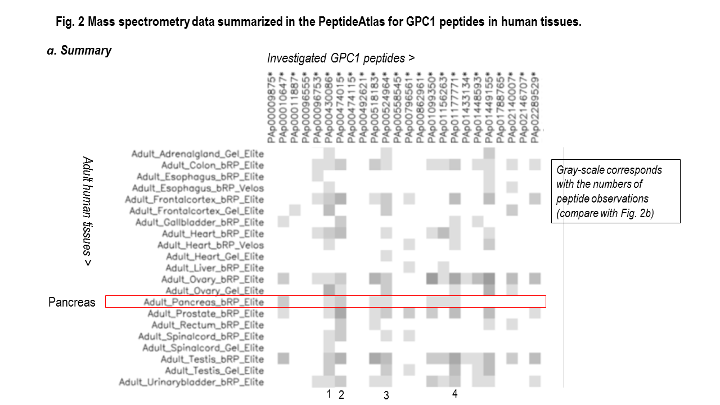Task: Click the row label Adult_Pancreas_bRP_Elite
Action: (x=203, y=302)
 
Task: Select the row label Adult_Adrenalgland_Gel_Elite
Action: (x=197, y=154)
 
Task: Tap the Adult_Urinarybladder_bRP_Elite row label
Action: (x=191, y=382)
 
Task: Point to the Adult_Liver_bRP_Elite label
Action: (x=214, y=268)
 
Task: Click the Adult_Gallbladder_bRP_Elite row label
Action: (x=199, y=222)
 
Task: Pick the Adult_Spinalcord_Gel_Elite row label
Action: (x=202, y=348)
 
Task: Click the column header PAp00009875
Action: (x=272, y=107)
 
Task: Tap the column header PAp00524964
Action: (x=385, y=107)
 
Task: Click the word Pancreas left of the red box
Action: (x=72, y=303)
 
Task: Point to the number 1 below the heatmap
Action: (x=329, y=394)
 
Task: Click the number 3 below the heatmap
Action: (x=386, y=395)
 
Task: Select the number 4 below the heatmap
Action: (x=454, y=394)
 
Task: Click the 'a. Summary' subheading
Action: (x=79, y=51)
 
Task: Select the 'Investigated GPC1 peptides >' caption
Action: (x=341, y=58)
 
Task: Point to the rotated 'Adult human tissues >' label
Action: (x=87, y=211)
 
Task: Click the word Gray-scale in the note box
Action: (x=579, y=169)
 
